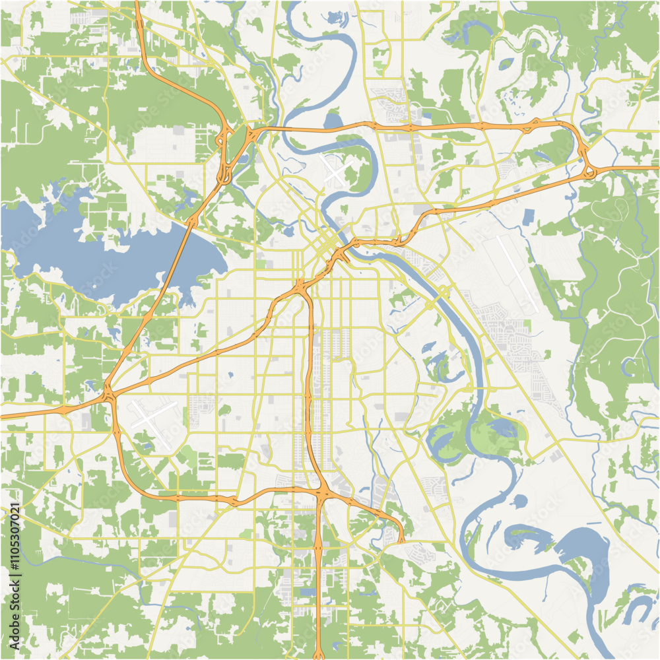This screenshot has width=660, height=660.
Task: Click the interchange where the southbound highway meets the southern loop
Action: coord(321,492)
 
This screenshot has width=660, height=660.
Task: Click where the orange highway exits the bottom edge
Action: coord(319,656)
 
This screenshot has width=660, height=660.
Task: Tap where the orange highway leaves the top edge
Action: coord(137,3)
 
